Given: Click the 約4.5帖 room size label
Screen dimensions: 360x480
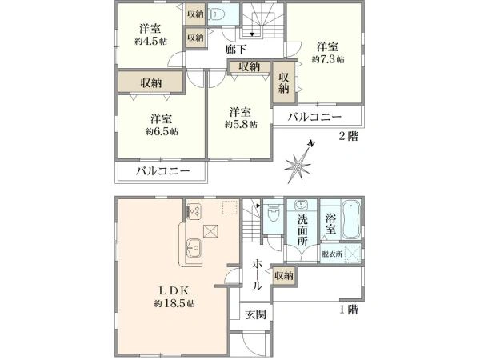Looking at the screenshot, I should click(152, 40).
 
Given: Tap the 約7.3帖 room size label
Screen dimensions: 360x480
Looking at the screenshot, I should click(328, 59).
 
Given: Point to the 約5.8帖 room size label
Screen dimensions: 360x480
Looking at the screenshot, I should click(240, 125).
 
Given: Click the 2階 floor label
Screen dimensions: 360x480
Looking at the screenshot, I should click(349, 137).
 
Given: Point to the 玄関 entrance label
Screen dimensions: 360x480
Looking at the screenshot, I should click(255, 314).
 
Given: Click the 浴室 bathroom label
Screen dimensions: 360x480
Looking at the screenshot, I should click(331, 223).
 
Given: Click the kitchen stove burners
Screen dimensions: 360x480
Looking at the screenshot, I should click(193, 211).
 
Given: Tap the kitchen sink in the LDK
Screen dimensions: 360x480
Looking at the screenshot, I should click(193, 246).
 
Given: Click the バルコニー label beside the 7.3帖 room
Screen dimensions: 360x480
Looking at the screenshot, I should click(317, 118).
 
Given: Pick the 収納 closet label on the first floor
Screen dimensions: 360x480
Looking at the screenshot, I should click(282, 276).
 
